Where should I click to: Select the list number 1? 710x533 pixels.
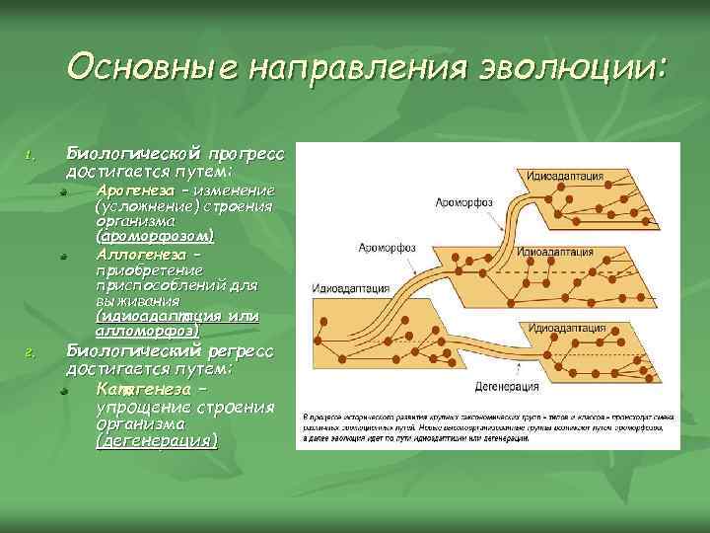point(31,155)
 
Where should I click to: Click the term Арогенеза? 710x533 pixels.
point(138,189)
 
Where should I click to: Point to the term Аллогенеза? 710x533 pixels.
point(138,254)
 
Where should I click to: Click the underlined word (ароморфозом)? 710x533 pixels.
point(155,238)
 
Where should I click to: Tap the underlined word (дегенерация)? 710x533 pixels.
point(156,441)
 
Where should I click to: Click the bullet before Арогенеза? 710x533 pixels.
point(61,191)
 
